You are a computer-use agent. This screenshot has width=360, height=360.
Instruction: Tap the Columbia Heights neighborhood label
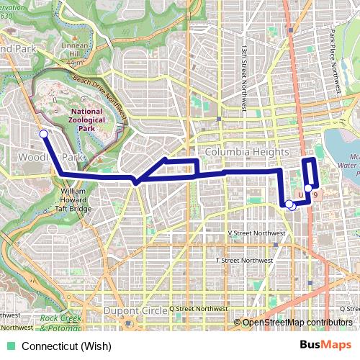247,153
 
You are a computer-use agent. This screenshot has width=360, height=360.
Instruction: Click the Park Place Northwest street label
336,63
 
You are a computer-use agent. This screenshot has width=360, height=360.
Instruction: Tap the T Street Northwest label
245,260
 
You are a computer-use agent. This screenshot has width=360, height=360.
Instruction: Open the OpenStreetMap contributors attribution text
297,323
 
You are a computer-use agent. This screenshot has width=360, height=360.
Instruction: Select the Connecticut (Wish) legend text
66,346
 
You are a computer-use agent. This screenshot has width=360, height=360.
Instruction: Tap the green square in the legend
11,346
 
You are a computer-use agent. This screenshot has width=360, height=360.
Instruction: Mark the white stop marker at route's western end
43,134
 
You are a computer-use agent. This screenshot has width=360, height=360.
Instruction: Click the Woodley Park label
61,156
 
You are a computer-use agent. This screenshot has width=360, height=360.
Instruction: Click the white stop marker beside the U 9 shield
308,189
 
